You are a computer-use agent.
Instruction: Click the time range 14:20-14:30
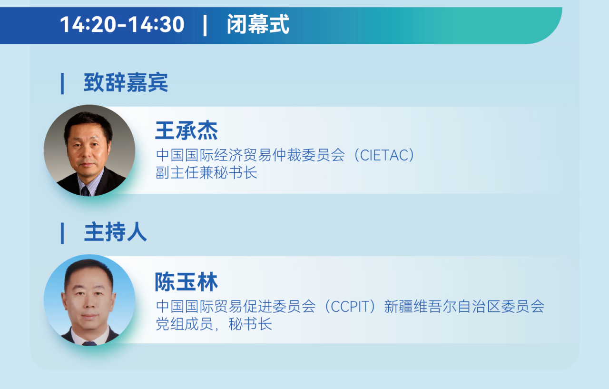[x=122, y=24]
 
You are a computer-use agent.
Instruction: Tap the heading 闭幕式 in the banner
[x=258, y=24]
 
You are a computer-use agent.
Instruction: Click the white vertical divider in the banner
[x=205, y=25]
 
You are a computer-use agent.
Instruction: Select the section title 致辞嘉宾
[x=126, y=83]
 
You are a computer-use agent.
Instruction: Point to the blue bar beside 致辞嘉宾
[x=62, y=83]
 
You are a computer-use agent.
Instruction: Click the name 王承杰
[x=187, y=130]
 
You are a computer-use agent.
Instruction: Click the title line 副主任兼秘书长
[x=206, y=173]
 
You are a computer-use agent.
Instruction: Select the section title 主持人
[x=116, y=232]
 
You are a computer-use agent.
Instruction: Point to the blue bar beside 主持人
[x=62, y=233]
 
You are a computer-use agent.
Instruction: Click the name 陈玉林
[x=187, y=282]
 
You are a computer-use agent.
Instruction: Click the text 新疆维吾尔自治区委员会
[x=464, y=307]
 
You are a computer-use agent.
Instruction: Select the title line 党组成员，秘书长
[x=214, y=324]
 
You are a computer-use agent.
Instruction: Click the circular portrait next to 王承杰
[x=89, y=150]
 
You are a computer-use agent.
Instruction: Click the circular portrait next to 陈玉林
[x=89, y=300]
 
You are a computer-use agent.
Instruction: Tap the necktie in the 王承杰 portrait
[x=85, y=191]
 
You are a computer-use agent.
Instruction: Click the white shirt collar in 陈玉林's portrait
[x=90, y=337]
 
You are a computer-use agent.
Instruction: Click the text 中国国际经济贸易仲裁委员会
[x=250, y=155]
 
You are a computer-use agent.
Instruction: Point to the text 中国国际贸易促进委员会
[x=236, y=307]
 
